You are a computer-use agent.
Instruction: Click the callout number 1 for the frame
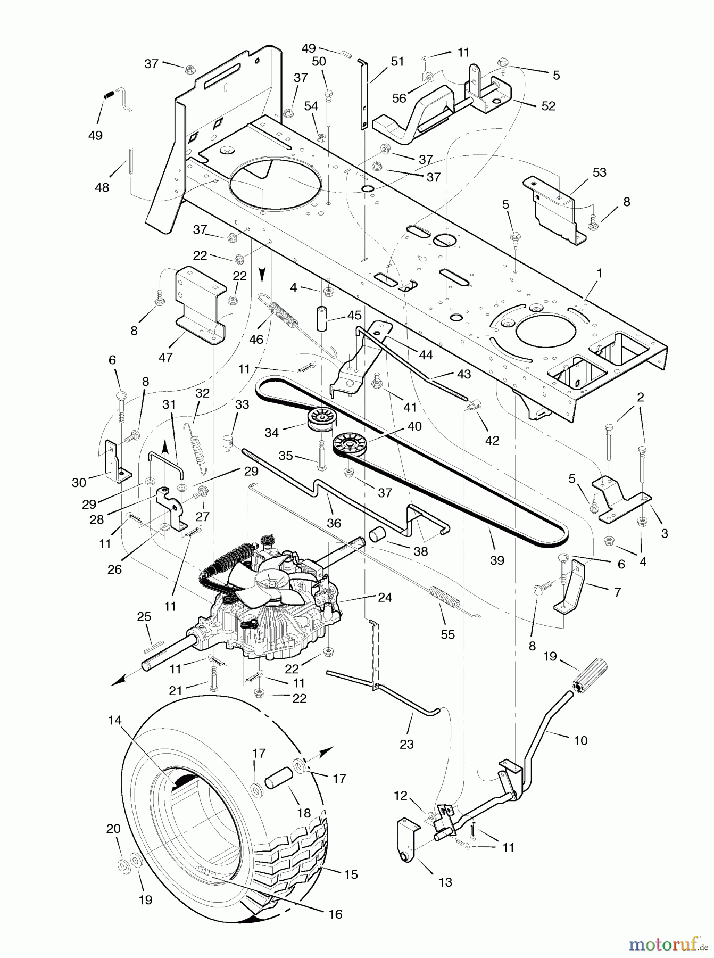(600, 273)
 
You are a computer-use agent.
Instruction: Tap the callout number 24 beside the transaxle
(385, 598)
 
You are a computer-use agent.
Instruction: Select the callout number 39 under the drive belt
(497, 560)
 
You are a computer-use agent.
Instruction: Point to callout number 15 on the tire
(351, 874)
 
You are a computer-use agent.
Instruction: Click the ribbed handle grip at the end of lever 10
(589, 675)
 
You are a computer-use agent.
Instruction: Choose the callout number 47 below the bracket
(166, 357)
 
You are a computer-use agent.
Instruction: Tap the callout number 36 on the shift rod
(334, 523)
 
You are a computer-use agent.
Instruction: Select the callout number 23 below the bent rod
(406, 744)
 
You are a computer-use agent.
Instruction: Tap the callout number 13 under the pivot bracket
(445, 882)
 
